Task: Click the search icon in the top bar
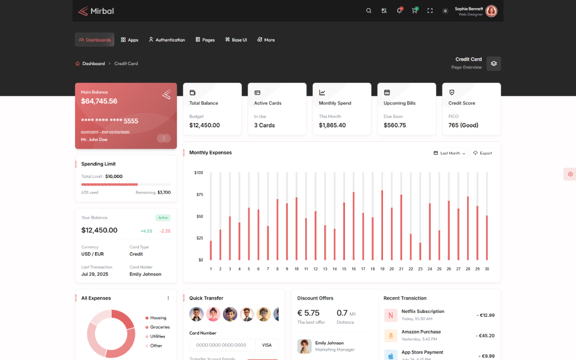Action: point(369,11)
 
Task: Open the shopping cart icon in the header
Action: point(414,11)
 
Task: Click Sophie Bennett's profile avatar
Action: point(491,11)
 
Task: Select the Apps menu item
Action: point(130,40)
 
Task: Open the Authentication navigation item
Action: point(167,40)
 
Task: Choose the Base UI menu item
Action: point(236,40)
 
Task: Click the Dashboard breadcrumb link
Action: point(93,63)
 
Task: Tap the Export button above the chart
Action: point(483,153)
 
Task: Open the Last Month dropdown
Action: point(449,153)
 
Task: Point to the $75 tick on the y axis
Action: point(199,195)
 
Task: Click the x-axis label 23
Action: point(420,269)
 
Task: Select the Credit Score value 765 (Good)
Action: point(463,125)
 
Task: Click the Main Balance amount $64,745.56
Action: point(99,101)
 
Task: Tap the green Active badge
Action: point(163,218)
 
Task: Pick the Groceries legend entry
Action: point(160,327)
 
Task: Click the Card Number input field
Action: point(222,345)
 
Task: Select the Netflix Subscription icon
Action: point(391,315)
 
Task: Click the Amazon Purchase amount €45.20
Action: point(485,335)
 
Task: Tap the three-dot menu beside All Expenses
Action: point(168,298)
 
